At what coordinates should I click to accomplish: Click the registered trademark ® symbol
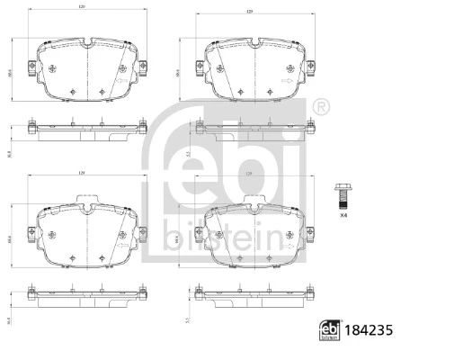321,108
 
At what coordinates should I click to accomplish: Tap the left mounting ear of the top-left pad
31,68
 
